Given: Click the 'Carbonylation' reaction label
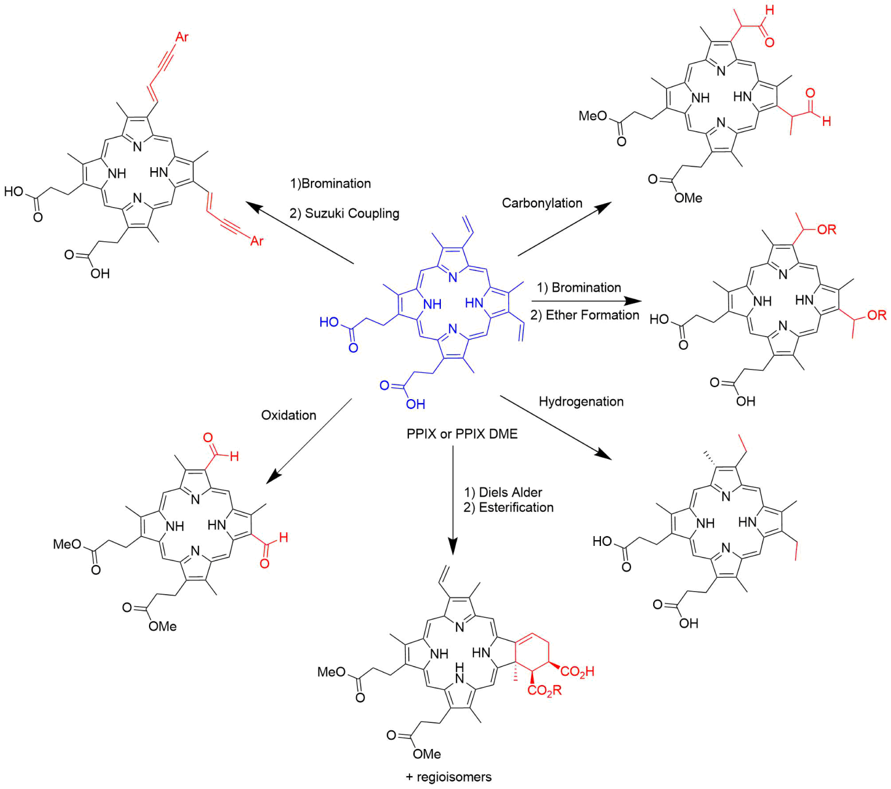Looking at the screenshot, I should [x=542, y=203].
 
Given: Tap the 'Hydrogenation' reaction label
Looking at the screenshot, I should [x=581, y=401].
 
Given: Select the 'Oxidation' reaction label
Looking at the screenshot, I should [x=288, y=415].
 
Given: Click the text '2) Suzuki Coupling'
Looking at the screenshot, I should [x=344, y=213].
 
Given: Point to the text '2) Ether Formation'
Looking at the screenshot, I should [x=584, y=315].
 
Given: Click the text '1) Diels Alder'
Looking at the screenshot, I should [x=502, y=493].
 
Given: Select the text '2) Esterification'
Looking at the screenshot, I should [x=508, y=508].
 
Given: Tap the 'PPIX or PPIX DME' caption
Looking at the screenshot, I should [x=462, y=434].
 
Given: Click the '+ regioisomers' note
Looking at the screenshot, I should [x=448, y=777].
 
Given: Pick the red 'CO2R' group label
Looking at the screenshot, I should [x=544, y=690].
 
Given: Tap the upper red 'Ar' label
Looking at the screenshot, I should [x=182, y=37].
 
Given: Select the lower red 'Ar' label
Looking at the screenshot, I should [x=256, y=241].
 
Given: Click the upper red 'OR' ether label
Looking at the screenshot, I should [x=827, y=230].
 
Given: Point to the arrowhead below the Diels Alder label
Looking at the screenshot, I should [x=453, y=545].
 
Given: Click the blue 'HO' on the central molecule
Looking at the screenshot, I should [x=329, y=322].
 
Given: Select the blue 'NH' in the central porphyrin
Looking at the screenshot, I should [x=432, y=304].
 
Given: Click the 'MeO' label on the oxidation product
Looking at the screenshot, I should [x=67, y=544].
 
